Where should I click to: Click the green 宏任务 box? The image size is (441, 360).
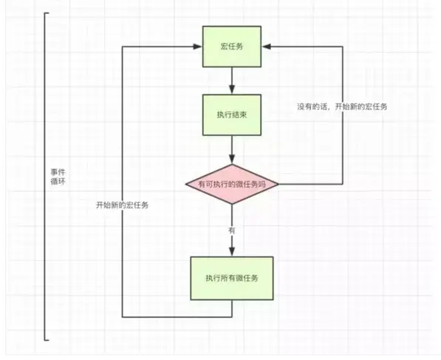pos(232,46)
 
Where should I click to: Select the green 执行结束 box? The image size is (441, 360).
pos(232,115)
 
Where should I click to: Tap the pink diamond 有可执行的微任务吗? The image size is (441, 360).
pos(232,184)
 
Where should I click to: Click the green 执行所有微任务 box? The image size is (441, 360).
pos(232,277)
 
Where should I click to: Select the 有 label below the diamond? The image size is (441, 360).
pos(232,231)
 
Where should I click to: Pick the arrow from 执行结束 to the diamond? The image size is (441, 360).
pos(232,150)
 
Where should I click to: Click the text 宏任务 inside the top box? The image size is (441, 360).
pos(232,46)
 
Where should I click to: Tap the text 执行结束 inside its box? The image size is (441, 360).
pos(232,115)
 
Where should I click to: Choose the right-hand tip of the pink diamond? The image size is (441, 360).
pos(278,184)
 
